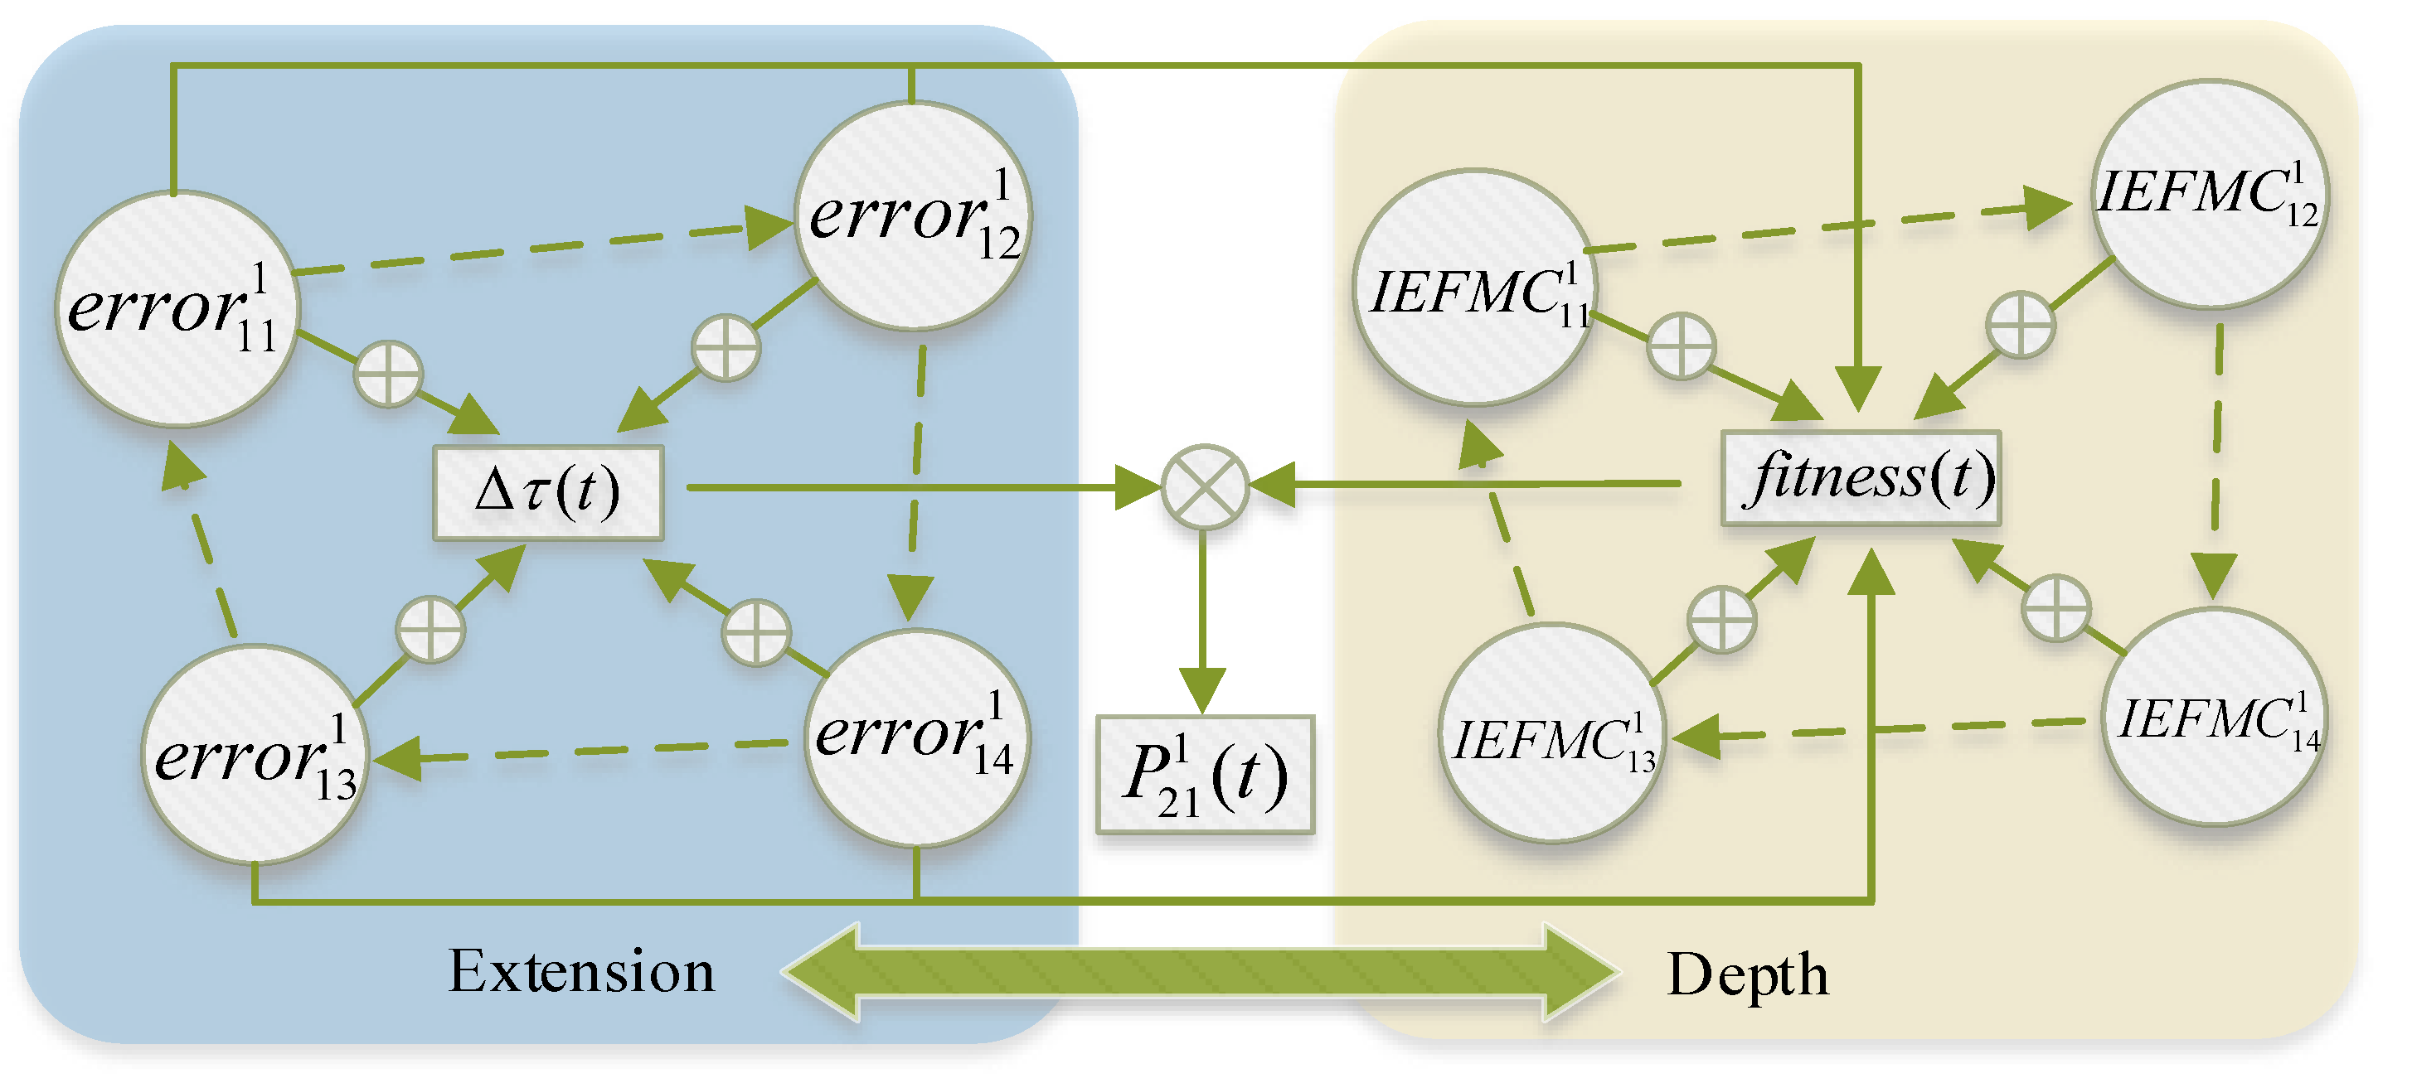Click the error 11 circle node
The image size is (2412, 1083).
[177, 310]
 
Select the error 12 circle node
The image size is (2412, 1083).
[913, 216]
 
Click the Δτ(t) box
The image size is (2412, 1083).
[549, 492]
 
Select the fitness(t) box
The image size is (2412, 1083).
[1861, 478]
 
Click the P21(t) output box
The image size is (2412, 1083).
[1205, 775]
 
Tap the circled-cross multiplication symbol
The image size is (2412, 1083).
[1205, 486]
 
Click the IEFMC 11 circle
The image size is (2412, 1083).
[1476, 288]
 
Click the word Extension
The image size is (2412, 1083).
[580, 972]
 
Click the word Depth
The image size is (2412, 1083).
[1747, 975]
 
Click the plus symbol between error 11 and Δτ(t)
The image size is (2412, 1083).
[388, 374]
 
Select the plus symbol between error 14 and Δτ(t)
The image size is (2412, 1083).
[755, 633]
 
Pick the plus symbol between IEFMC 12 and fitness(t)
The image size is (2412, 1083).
[2020, 325]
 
